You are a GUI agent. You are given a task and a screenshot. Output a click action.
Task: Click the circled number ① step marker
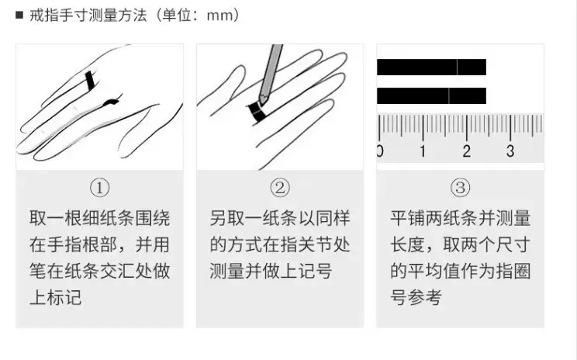(x=100, y=187)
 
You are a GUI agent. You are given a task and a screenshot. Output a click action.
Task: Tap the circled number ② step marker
(x=280, y=187)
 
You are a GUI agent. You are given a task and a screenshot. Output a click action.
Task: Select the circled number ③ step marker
(x=460, y=187)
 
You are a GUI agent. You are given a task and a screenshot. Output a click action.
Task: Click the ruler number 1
(x=423, y=151)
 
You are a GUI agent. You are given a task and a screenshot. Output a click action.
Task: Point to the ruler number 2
(x=466, y=151)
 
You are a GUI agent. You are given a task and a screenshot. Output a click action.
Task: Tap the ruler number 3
(x=510, y=151)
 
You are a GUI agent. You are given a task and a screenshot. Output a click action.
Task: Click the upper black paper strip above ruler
(x=432, y=67)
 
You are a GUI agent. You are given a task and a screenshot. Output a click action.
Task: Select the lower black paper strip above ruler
(x=432, y=95)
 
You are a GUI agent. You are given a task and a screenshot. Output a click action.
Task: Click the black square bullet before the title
(x=19, y=15)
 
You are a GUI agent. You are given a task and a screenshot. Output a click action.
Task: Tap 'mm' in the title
(x=220, y=16)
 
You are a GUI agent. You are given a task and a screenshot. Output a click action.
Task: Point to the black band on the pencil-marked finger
(x=257, y=112)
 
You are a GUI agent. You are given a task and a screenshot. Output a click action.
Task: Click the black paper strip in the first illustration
(x=90, y=80)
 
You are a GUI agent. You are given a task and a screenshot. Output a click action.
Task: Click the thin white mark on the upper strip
(x=458, y=67)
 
